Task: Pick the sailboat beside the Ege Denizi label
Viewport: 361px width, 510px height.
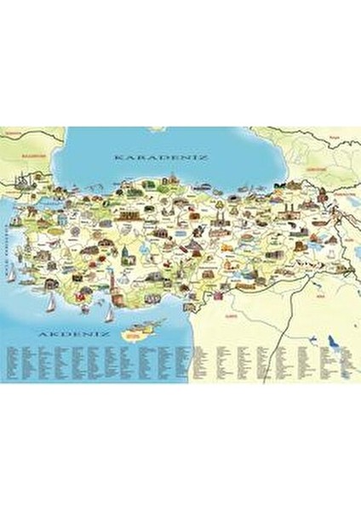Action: pyautogui.click(x=11, y=274)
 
